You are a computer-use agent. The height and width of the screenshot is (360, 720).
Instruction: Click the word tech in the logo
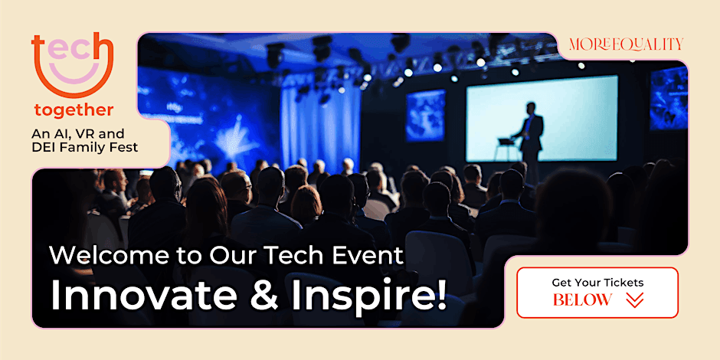71,51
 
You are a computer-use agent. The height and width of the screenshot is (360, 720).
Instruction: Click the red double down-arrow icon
634,300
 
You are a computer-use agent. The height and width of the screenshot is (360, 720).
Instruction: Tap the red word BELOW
582,300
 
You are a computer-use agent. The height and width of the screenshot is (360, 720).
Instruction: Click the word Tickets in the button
621,283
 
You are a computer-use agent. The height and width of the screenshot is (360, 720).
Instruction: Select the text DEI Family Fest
85,147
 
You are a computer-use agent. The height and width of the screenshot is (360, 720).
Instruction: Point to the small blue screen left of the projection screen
424,114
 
